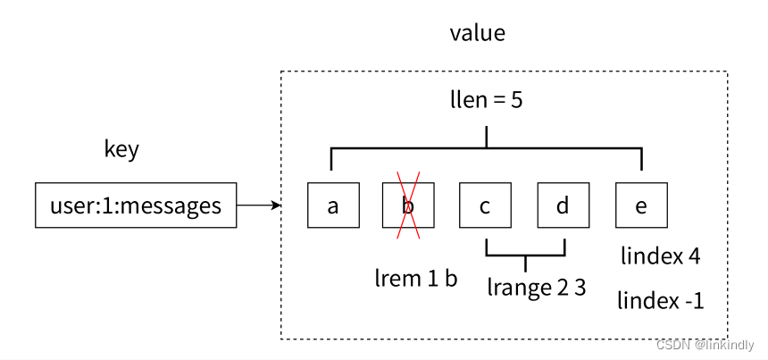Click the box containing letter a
tap(333, 205)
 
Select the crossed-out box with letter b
tap(408, 205)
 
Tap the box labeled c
tap(485, 205)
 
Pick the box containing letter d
tap(563, 205)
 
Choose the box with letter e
tap(641, 205)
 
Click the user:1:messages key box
tap(136, 205)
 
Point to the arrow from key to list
tap(259, 205)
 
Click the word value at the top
tap(478, 33)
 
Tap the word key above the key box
tap(121, 148)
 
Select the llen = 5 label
tap(487, 100)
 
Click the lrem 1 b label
tap(416, 279)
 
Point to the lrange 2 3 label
tap(537, 288)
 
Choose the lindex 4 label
tap(661, 256)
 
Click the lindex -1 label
tap(661, 300)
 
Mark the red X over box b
tap(408, 205)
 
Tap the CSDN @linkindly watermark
tap(705, 345)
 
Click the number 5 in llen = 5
tap(517, 100)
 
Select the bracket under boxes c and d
tap(526, 255)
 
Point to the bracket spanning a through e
tap(487, 147)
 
